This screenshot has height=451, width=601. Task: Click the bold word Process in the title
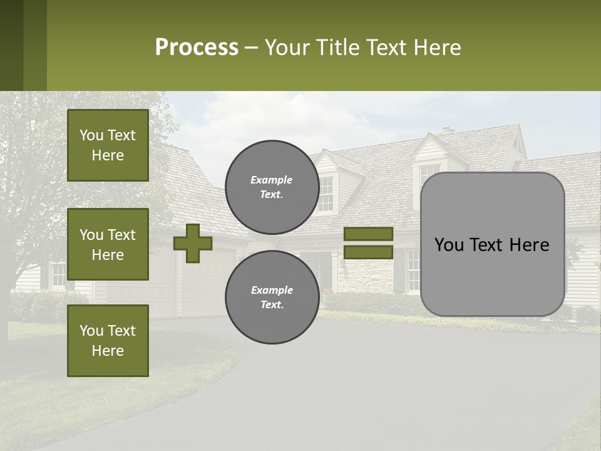(x=197, y=48)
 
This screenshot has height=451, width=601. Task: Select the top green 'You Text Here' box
(x=108, y=145)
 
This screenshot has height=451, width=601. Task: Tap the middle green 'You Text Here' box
(x=108, y=244)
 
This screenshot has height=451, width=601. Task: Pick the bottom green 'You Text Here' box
(x=108, y=341)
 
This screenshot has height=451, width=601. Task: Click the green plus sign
(x=193, y=244)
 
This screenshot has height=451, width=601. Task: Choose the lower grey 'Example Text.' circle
(x=272, y=297)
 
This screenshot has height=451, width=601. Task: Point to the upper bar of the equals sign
(x=369, y=234)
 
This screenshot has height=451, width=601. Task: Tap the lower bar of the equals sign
(x=369, y=252)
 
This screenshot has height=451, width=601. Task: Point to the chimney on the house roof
(x=446, y=131)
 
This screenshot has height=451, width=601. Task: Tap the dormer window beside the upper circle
(x=326, y=194)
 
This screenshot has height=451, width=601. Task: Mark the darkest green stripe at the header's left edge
(x=11, y=45)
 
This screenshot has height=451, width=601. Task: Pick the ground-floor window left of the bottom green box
(x=58, y=274)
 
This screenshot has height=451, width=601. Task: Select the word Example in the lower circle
(x=272, y=290)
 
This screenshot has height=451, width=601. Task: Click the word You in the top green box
(x=91, y=135)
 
